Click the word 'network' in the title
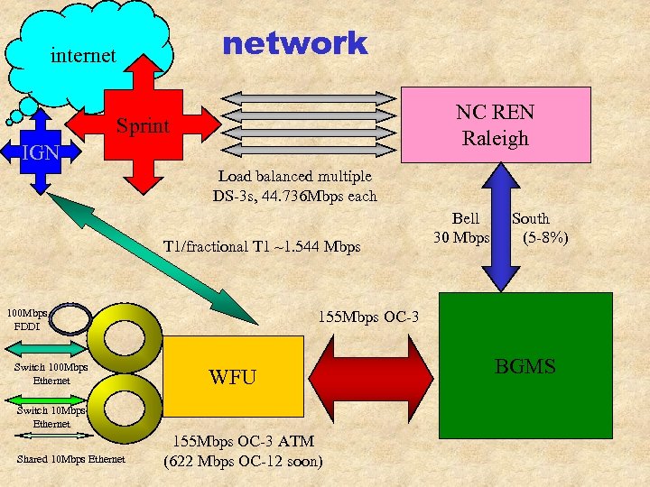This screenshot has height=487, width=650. tap(294, 43)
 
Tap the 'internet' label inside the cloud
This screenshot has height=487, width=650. tap(83, 56)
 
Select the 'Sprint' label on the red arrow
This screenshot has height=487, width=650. tap(143, 125)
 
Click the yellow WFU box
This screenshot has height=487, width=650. tap(233, 376)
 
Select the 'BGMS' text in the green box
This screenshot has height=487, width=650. tap(525, 366)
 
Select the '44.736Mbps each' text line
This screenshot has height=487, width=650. tap(295, 196)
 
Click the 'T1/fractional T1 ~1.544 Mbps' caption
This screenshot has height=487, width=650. tap(261, 246)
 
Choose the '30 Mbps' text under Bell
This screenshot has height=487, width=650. tap(460, 237)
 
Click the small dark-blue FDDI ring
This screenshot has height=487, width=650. tap(69, 317)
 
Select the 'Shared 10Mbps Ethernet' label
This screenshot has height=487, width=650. tap(71, 460)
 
